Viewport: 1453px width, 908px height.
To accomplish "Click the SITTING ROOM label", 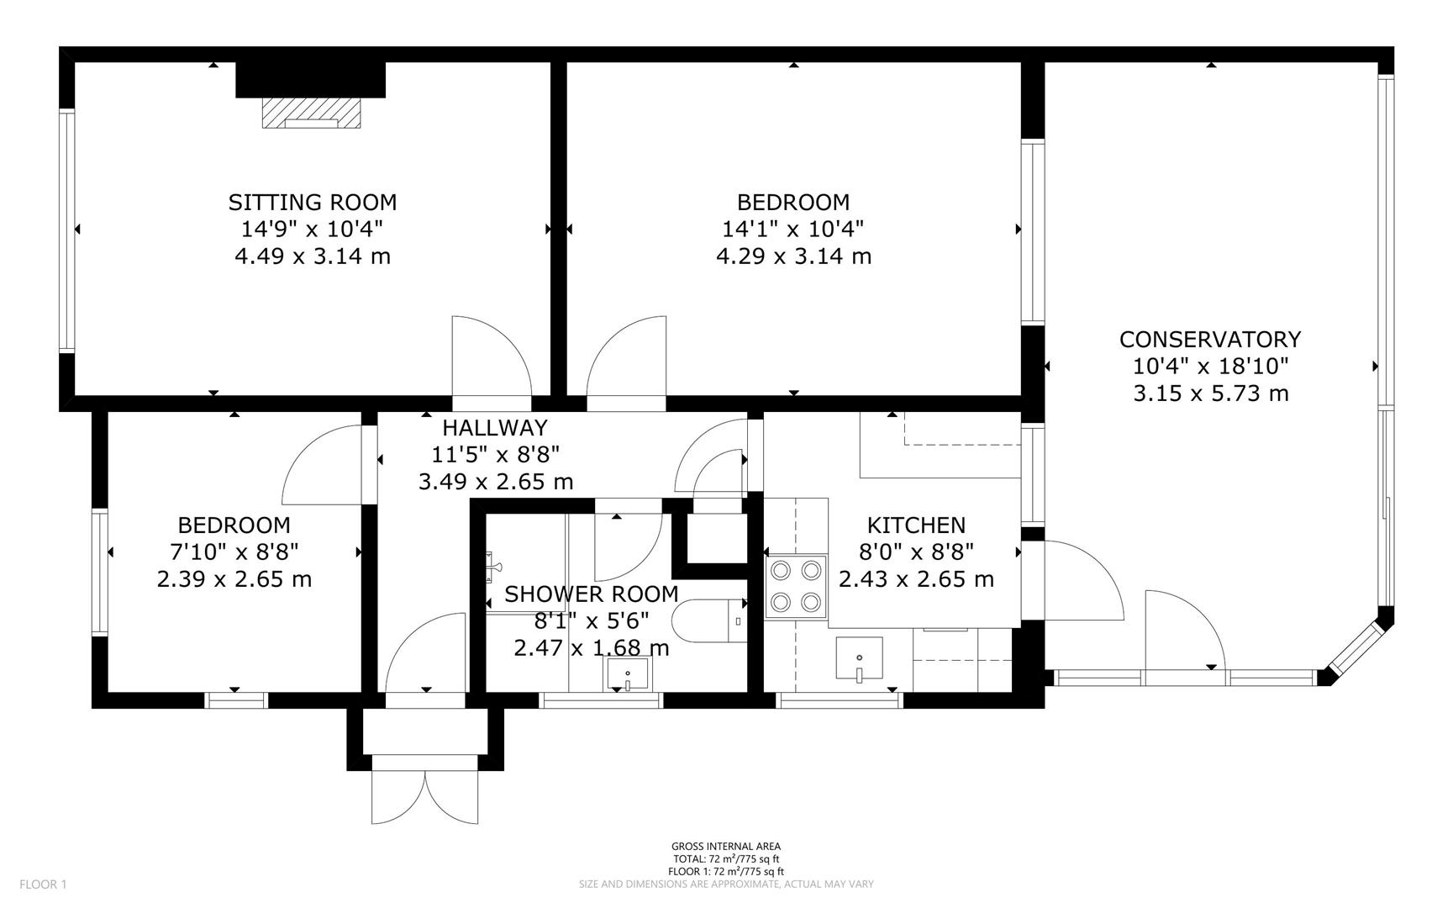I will click(x=313, y=203).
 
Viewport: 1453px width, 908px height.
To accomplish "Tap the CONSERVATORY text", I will click(x=1209, y=340).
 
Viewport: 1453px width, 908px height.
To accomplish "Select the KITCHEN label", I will click(x=916, y=525).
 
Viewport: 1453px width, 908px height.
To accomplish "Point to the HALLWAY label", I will click(x=495, y=428).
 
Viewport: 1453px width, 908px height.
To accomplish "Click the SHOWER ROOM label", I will click(x=591, y=594).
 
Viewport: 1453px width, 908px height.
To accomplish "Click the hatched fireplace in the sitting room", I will click(x=312, y=113).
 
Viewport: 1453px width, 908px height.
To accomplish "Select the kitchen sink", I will click(x=859, y=659).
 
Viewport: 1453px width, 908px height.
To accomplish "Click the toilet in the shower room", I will click(x=710, y=621).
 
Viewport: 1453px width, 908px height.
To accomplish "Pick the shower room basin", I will click(x=627, y=673).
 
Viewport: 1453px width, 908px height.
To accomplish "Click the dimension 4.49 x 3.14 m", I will click(x=313, y=256).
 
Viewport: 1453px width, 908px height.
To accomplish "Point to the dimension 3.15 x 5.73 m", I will click(x=1210, y=393).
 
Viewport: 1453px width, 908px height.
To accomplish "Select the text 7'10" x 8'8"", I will click(x=234, y=552).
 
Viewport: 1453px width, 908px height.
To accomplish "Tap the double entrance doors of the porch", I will click(x=425, y=794).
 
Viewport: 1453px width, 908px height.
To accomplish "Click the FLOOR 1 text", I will click(x=42, y=884).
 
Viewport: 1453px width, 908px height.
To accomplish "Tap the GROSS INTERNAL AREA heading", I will click(x=725, y=847).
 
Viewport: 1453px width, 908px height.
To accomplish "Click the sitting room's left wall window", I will click(x=66, y=230).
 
